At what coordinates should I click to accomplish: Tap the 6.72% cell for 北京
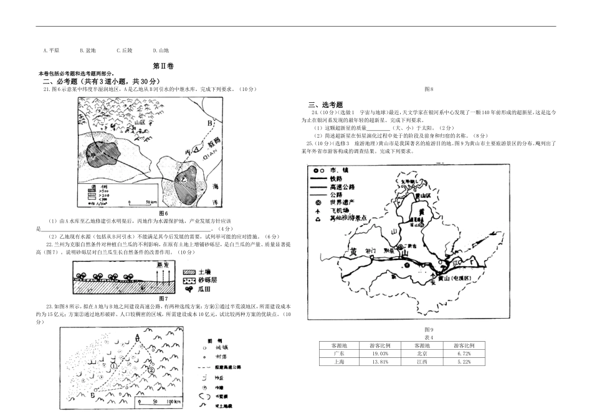pyautogui.click(x=462, y=353)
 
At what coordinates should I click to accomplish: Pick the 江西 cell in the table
pyautogui.click(x=422, y=361)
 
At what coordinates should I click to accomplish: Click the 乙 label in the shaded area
pyautogui.click(x=184, y=180)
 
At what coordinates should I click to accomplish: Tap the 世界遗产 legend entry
pyautogui.click(x=342, y=203)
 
